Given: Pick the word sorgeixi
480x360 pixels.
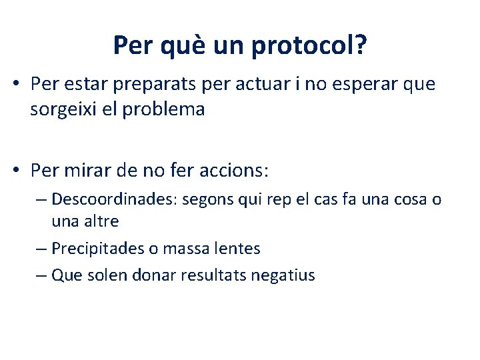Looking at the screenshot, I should pyautogui.click(x=64, y=109).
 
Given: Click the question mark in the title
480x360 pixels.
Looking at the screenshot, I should pyautogui.click(x=359, y=45).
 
